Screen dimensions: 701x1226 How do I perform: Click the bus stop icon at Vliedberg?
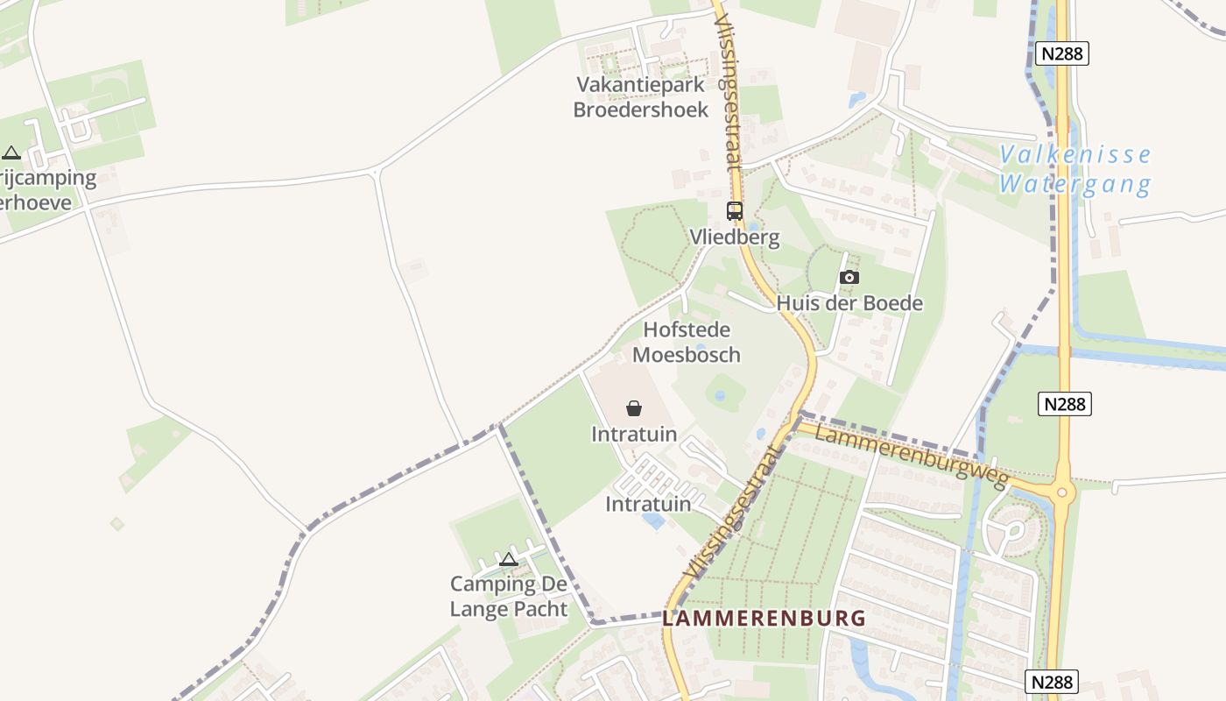pyautogui.click(x=734, y=210)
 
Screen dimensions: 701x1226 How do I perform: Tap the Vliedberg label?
pyautogui.click(x=734, y=237)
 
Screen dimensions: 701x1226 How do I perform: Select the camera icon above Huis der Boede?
pyautogui.click(x=849, y=278)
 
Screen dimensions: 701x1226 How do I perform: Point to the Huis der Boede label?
pyautogui.click(x=849, y=303)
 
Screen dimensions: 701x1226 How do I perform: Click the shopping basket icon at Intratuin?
pyautogui.click(x=634, y=408)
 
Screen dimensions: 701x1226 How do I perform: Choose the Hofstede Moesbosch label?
pyautogui.click(x=687, y=342)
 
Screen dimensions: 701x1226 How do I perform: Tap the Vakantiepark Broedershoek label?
pyautogui.click(x=640, y=96)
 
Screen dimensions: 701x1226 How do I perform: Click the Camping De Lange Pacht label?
pyautogui.click(x=509, y=596)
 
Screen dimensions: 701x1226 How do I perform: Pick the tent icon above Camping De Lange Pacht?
pyautogui.click(x=508, y=559)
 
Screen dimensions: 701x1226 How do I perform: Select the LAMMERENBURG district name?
pyautogui.click(x=764, y=618)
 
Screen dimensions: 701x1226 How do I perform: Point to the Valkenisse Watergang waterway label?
pyautogui.click(x=1075, y=170)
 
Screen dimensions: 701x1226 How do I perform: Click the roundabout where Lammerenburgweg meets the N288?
pyautogui.click(x=1062, y=492)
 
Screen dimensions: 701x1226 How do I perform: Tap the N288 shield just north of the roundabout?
pyautogui.click(x=1066, y=404)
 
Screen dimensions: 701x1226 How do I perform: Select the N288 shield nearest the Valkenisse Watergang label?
pyautogui.click(x=1061, y=53)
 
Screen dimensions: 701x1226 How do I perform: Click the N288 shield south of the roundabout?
pyautogui.click(x=1052, y=682)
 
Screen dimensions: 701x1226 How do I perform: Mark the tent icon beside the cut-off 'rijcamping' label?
pyautogui.click(x=11, y=152)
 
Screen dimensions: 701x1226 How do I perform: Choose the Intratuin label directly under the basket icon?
pyautogui.click(x=633, y=434)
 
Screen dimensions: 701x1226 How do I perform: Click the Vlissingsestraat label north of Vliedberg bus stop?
pyautogui.click(x=729, y=88)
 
